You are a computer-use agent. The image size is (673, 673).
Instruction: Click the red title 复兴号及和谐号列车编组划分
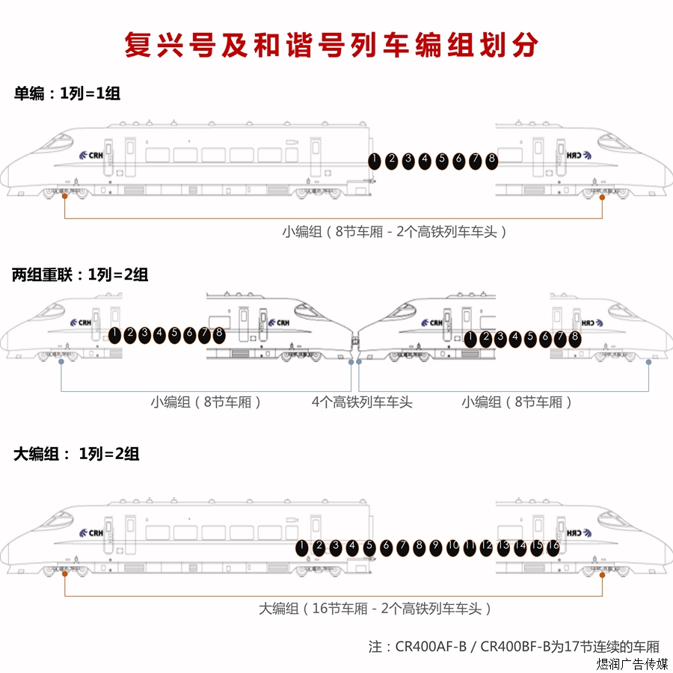(331, 45)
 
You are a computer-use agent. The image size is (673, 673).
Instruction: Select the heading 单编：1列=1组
(67, 94)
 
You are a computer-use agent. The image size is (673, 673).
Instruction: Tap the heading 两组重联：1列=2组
(80, 274)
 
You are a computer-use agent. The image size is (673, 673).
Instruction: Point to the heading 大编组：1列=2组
(76, 454)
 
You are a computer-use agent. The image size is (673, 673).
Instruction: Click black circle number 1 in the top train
(374, 160)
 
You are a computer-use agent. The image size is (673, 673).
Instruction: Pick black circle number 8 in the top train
(491, 160)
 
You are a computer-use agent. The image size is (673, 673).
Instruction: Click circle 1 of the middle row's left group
(115, 334)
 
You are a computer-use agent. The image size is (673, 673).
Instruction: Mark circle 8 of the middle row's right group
(574, 338)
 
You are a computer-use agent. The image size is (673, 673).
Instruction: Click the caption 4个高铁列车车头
(362, 402)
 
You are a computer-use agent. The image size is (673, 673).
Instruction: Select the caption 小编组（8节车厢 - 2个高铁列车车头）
(395, 232)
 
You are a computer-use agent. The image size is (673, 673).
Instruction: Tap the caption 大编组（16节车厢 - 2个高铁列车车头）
(375, 609)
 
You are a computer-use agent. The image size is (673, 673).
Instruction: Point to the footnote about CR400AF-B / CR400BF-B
(514, 646)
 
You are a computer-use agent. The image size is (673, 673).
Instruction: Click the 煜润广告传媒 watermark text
(632, 664)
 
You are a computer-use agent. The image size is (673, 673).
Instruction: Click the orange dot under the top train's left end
(65, 197)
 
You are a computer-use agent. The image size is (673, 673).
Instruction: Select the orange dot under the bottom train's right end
(603, 573)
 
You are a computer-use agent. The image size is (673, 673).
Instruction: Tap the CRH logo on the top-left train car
(92, 156)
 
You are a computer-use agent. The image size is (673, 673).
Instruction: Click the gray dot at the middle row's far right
(648, 362)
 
